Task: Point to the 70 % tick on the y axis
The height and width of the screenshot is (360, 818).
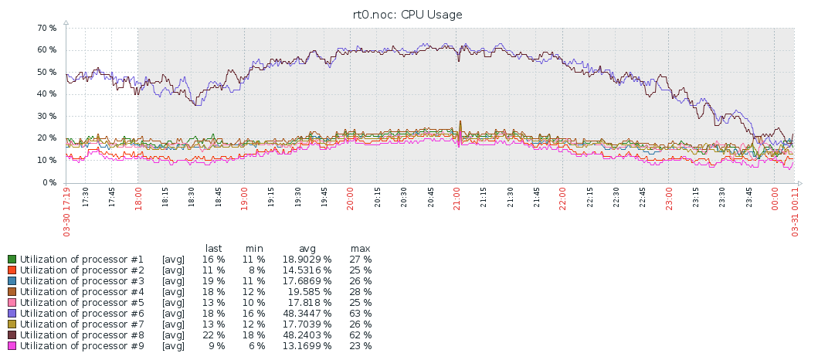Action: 46,28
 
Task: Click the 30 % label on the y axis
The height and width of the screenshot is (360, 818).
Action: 46,117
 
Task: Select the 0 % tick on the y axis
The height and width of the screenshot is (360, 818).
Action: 49,183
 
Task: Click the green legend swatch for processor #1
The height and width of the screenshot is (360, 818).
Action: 12,260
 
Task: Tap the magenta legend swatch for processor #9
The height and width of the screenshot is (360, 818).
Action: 12,346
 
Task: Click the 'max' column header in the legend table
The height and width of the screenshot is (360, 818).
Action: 359,248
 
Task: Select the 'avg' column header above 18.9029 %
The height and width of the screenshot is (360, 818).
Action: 307,248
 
